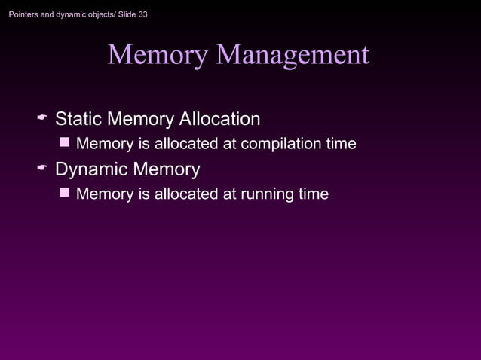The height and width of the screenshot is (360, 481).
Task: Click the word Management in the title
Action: pos(293,55)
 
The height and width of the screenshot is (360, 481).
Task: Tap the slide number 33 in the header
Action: pos(142,14)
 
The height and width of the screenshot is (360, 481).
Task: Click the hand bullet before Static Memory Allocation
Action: pos(43,120)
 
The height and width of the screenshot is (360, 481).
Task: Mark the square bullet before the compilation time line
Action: pos(65,142)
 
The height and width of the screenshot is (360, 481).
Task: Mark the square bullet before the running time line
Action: pos(65,193)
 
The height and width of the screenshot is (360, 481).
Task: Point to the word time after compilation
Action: pos(340,143)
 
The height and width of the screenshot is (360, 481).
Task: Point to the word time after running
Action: pos(313,194)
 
